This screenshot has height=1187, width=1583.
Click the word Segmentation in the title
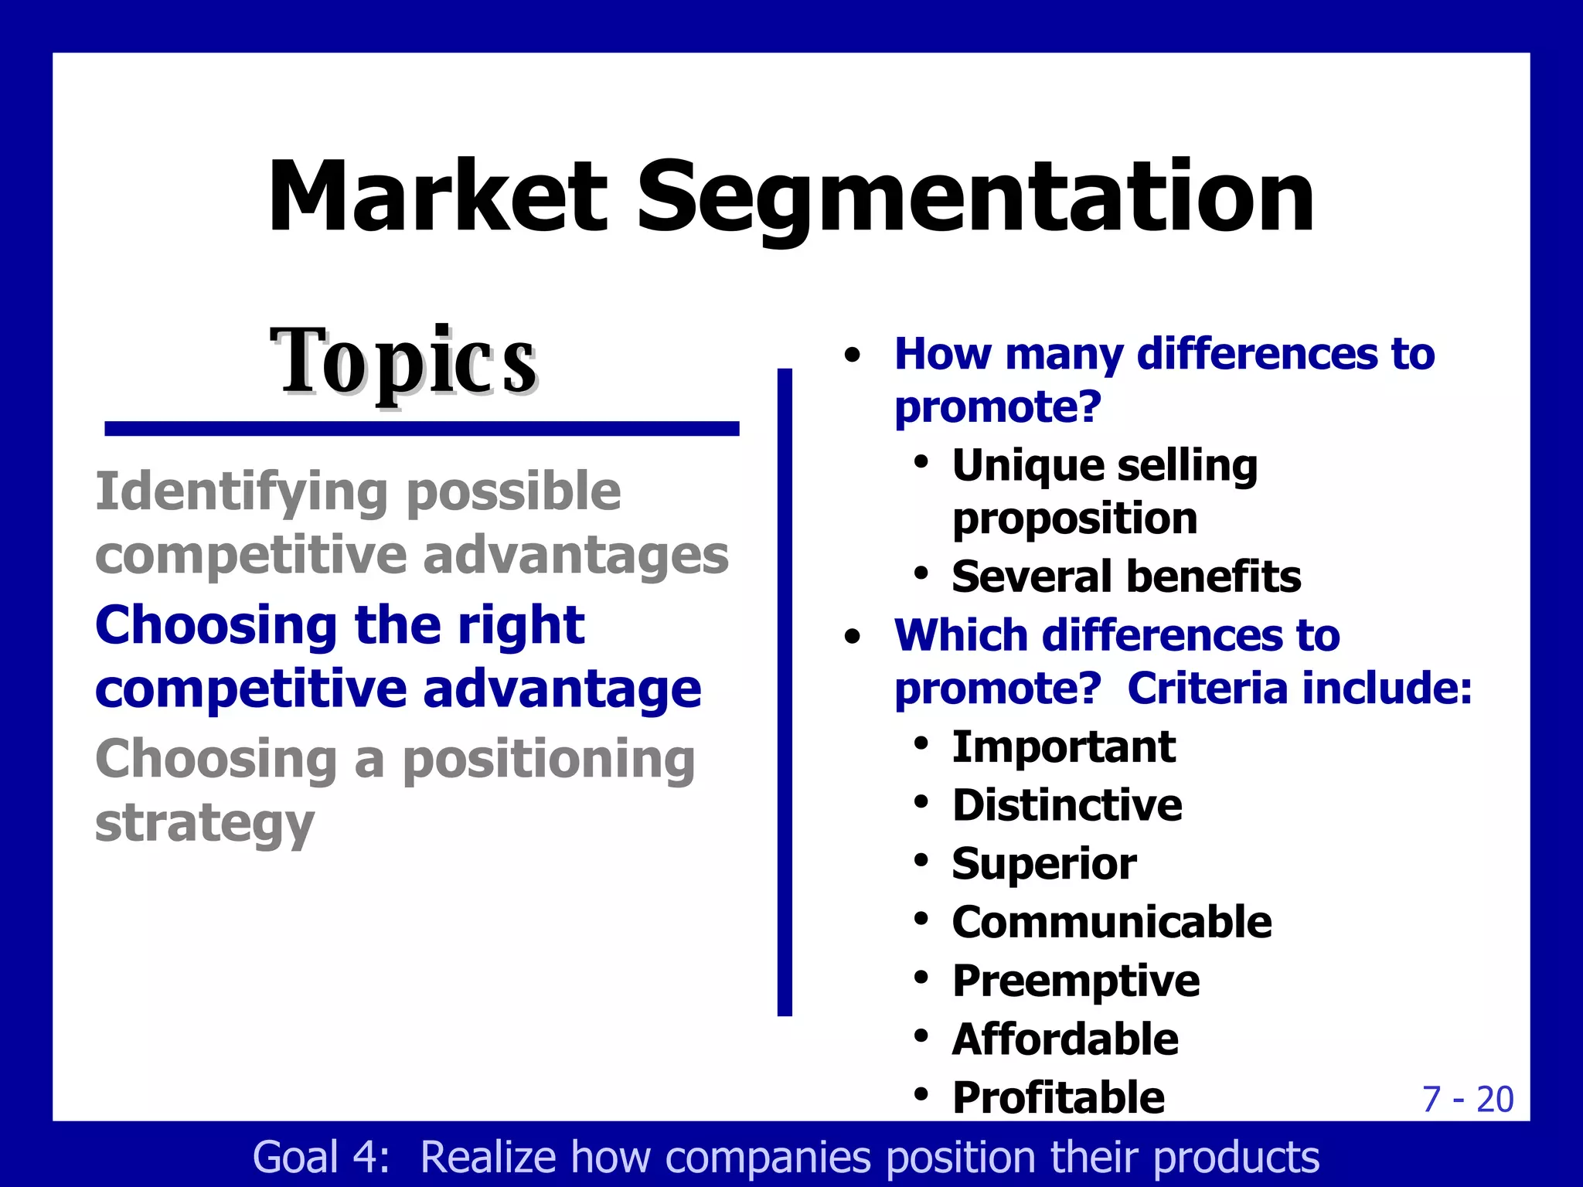pos(975,199)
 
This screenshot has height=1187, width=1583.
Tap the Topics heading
pos(403,362)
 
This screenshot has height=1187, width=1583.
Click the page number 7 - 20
pos(1467,1099)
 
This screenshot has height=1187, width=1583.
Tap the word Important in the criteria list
pos(1064,747)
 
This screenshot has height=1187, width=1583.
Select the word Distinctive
pos(1067,805)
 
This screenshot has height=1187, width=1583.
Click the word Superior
pos(1043,864)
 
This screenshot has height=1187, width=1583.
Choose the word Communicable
pos(1112,923)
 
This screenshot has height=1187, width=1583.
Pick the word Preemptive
pos(1075,981)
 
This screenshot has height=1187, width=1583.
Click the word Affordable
pos(1065,1039)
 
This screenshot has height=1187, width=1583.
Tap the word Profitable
pos(1057,1097)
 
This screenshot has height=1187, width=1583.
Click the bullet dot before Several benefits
pos(921,574)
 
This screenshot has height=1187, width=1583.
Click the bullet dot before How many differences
pos(853,355)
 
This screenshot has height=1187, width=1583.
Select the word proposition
pos(1074,519)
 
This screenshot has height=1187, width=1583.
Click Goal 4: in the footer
pos(322,1158)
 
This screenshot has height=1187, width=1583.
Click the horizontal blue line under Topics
pos(422,429)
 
